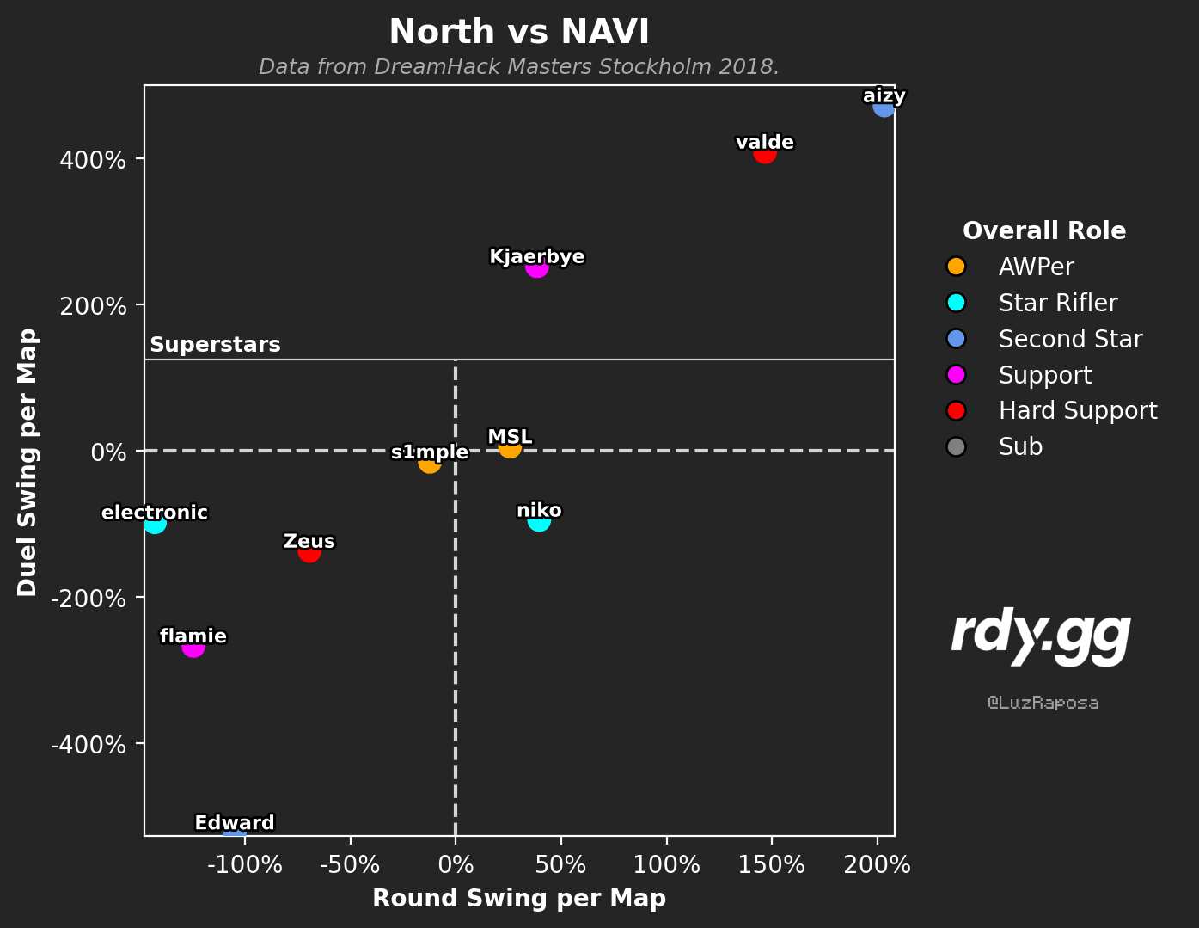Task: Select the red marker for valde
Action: tap(765, 152)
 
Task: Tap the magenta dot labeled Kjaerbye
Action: tap(537, 267)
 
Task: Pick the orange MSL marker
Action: tap(510, 446)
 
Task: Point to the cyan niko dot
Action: tap(539, 519)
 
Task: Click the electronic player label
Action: tap(155, 513)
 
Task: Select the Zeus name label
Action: tap(309, 541)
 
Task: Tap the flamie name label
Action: tap(193, 636)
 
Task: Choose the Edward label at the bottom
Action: tap(235, 822)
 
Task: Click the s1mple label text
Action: tap(429, 452)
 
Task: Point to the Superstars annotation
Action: tap(215, 345)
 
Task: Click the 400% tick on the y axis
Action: tap(93, 160)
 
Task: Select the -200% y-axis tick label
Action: tap(89, 599)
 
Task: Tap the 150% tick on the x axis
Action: tap(771, 864)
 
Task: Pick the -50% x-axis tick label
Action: tap(350, 864)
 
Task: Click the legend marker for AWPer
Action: tap(956, 266)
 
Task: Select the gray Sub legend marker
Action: tap(956, 446)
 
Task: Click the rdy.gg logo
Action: tap(1041, 636)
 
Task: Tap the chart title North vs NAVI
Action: tap(518, 31)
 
